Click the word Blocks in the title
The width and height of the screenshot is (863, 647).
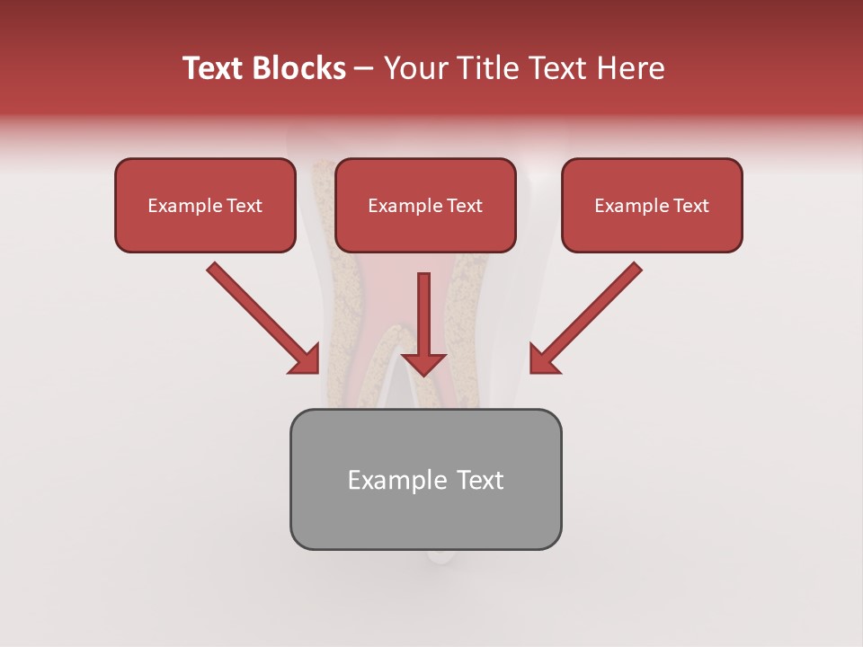[298, 68]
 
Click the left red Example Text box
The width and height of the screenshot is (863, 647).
[205, 205]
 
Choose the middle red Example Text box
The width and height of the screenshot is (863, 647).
[425, 205]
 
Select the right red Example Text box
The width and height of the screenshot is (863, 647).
[652, 205]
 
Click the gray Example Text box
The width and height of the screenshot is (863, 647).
[425, 479]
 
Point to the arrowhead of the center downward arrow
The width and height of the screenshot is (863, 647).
[423, 363]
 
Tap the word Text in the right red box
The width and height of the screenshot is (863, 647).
[691, 206]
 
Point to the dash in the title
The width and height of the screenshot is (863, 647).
[364, 69]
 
